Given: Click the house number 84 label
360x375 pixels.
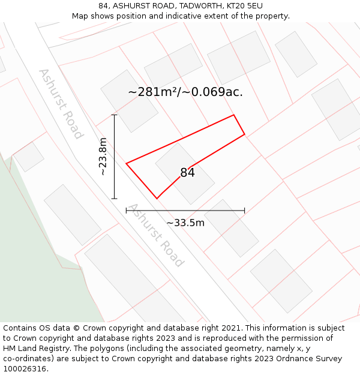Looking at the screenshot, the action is click(187, 173).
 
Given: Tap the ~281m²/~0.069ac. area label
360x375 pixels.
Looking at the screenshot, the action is click(185, 92).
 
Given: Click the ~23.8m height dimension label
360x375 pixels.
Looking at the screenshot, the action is click(103, 157).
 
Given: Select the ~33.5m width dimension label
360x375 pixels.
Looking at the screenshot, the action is click(185, 223).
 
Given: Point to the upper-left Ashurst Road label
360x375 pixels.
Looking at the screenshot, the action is click(60, 104).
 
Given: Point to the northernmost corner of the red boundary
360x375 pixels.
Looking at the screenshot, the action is click(233, 115).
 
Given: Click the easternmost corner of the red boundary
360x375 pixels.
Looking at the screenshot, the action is click(244, 134).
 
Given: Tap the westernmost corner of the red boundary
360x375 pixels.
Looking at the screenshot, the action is click(126, 163).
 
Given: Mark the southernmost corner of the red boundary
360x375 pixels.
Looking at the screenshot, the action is click(157, 198).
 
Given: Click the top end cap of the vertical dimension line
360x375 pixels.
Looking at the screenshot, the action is click(114, 115).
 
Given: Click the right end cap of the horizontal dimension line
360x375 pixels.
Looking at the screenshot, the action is click(244, 211).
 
